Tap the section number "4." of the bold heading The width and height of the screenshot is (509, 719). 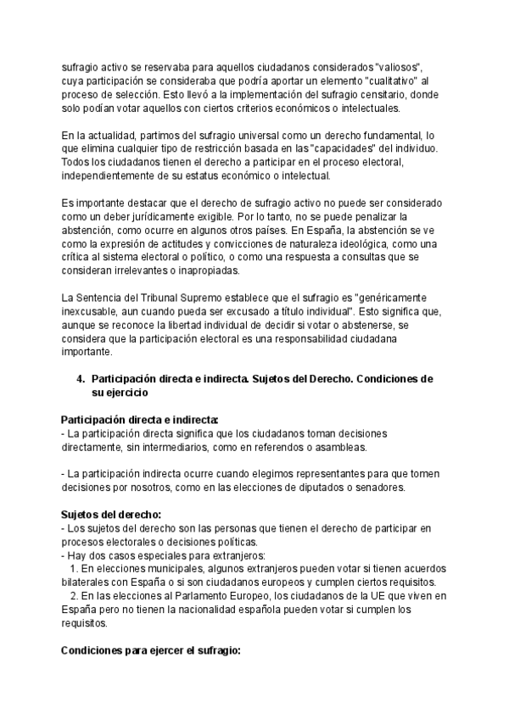[82, 379]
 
